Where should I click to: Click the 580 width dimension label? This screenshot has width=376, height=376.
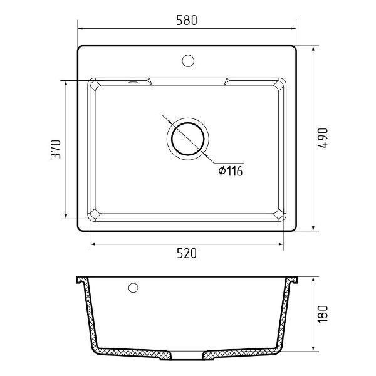[x=187, y=20]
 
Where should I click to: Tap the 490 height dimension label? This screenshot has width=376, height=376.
[x=323, y=138]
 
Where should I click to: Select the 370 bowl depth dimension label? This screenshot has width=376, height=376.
[x=56, y=149]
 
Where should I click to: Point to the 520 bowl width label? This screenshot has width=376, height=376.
[x=187, y=253]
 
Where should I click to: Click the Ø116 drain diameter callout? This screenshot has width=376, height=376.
[x=231, y=171]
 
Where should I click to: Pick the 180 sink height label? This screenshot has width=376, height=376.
[x=323, y=314]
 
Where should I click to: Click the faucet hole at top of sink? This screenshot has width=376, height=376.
[x=188, y=61]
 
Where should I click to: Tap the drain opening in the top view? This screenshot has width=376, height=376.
[x=188, y=139]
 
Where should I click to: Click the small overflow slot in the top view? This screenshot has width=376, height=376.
[x=133, y=82]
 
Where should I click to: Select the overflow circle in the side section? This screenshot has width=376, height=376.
[x=133, y=288]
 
